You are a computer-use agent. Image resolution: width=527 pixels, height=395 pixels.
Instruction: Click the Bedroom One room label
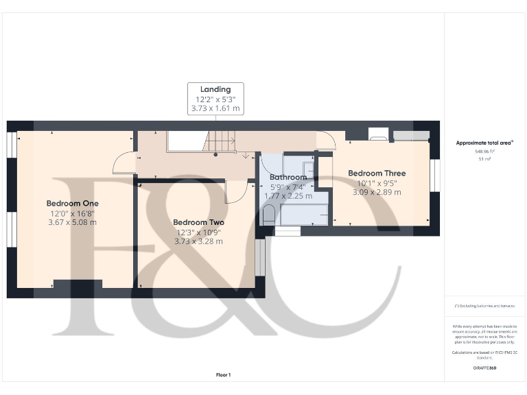pos(73,204)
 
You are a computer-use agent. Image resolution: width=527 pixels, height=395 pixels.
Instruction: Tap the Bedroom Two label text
pos(198,223)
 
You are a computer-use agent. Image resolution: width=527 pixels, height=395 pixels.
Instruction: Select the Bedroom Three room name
pos(377,173)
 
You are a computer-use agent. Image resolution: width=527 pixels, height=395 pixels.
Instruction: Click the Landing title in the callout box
pos(215,89)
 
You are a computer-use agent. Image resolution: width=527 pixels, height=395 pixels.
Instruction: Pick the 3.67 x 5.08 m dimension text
pos(73,222)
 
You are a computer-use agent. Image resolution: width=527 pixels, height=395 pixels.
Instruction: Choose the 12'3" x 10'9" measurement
pos(198,232)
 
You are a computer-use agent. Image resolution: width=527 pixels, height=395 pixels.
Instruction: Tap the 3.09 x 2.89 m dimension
pos(377,192)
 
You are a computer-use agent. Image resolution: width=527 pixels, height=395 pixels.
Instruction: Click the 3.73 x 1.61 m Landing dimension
pos(215,108)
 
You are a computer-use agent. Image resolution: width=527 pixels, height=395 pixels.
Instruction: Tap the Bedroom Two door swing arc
pos(233,192)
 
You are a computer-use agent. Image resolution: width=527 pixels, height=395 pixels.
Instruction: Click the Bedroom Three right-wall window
pos(434,175)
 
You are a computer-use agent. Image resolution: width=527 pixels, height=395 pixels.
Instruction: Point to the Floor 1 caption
pos(224,374)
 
